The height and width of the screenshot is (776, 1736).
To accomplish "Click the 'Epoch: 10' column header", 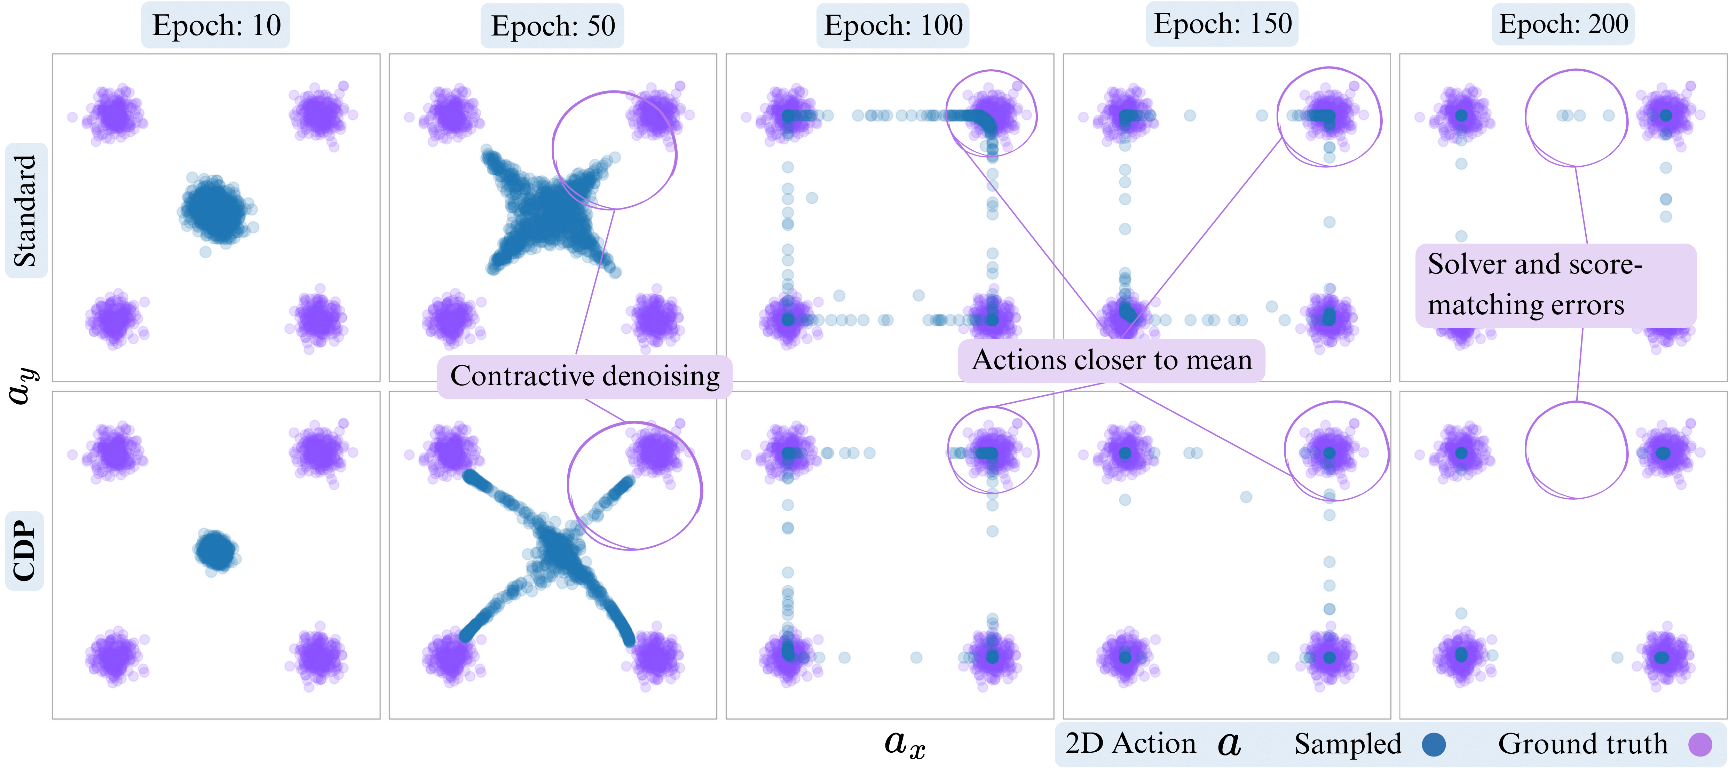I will pos(216,26).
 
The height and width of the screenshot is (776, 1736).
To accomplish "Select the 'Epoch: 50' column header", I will pos(553,26).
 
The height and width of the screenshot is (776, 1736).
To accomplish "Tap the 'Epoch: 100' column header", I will pos(893,26).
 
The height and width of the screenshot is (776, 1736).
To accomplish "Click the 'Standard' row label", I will pos(26,210).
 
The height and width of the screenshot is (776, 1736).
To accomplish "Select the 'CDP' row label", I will pos(24,551).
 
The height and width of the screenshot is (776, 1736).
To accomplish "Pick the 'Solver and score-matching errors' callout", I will pos(1555,285).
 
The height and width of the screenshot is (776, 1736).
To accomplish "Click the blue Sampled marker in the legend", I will pos(1434,744).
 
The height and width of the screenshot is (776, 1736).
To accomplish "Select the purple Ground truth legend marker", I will pos(1699,744).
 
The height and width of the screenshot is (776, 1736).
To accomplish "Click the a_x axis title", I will pos(905,744).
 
